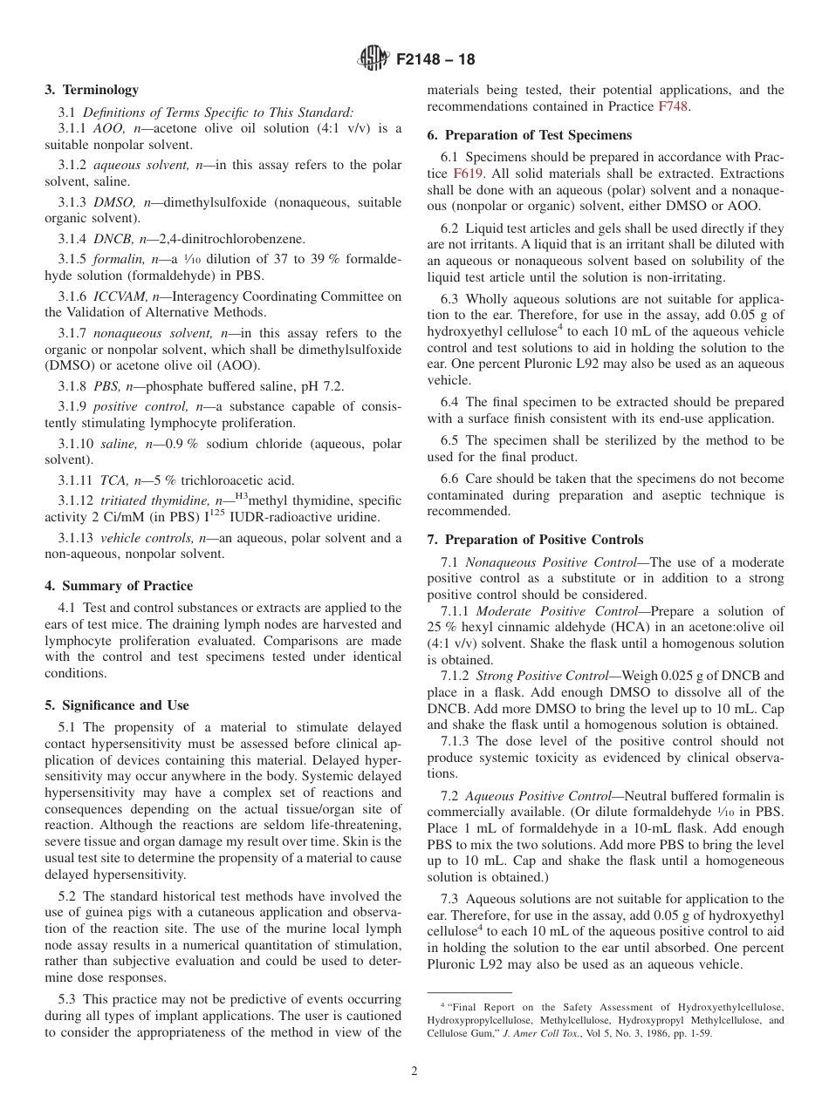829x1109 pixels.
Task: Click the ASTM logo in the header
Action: tap(373, 59)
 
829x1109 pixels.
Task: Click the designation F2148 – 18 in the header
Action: tap(435, 60)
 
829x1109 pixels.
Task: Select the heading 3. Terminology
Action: tap(92, 90)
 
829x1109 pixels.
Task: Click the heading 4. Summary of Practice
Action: tap(119, 586)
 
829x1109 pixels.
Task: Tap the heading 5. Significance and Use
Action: tap(117, 705)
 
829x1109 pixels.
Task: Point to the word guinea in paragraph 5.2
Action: tap(99, 913)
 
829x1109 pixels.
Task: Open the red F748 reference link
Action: tap(673, 106)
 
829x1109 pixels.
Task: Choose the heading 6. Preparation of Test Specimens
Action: tap(529, 135)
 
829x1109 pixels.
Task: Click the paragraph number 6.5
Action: tap(451, 440)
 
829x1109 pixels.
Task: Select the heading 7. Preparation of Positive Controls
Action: tap(535, 540)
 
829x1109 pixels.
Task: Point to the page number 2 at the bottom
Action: tap(414, 1072)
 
